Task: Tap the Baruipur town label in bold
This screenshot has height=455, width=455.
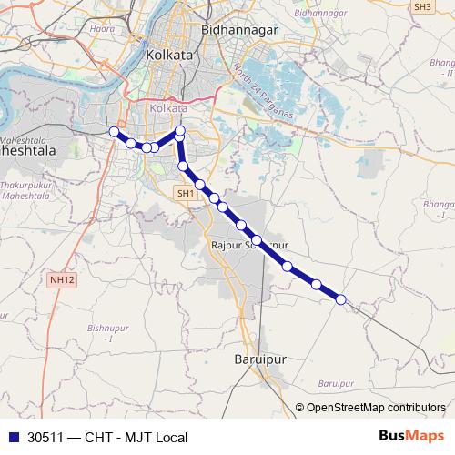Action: (261, 359)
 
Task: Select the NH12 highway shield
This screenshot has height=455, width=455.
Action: (63, 279)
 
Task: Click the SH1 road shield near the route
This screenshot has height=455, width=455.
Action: (186, 194)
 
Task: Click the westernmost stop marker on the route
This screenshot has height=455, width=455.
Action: (114, 132)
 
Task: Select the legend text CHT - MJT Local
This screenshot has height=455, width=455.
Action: (136, 437)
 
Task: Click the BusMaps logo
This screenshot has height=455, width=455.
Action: (410, 436)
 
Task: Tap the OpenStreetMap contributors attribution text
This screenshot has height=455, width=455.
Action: (376, 408)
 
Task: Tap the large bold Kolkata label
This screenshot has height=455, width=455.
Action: (168, 56)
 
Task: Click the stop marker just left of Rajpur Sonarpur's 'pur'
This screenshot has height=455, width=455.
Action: (258, 240)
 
